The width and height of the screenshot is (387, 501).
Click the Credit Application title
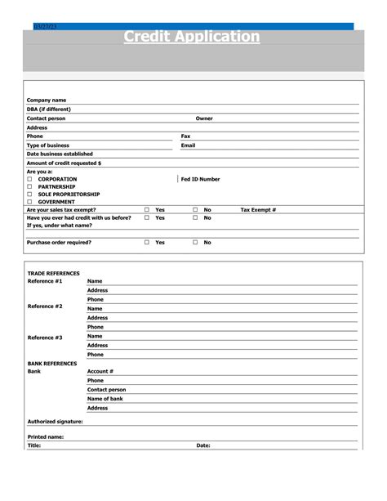click(192, 37)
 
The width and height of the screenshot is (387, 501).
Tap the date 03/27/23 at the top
click(45, 27)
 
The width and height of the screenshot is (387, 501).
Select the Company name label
click(47, 101)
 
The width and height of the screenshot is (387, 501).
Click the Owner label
click(204, 119)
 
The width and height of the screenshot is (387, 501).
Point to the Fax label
click(185, 136)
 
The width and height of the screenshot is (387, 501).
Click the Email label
click(188, 145)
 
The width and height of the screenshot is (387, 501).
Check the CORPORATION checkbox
click(29, 179)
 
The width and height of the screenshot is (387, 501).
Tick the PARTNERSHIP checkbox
click(29, 186)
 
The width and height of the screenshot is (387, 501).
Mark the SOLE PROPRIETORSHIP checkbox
click(29, 195)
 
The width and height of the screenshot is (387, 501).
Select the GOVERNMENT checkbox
click(29, 202)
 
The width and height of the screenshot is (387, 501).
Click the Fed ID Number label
click(200, 179)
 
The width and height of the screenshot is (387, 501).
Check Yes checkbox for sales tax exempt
click(147, 210)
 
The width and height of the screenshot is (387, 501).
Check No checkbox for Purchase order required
click(195, 243)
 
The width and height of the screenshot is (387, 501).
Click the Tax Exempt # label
click(258, 210)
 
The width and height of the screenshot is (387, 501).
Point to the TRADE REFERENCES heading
click(54, 273)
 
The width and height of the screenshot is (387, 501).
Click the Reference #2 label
click(45, 306)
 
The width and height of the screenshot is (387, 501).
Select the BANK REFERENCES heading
click(52, 363)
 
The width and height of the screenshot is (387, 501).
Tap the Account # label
click(100, 371)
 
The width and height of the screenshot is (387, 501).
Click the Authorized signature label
click(56, 422)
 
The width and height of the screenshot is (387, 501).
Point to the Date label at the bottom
click(203, 445)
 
